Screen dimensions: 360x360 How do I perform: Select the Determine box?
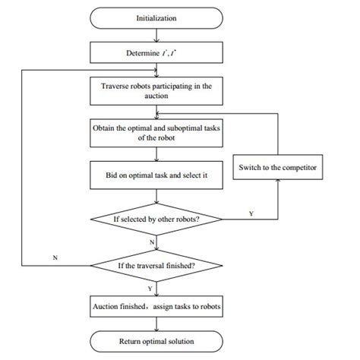point(157,53)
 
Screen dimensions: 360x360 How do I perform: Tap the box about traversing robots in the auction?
point(157,92)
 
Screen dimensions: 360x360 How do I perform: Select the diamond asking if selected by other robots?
point(157,219)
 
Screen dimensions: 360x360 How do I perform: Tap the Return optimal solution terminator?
point(157,341)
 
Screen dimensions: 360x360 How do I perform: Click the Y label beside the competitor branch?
point(251,213)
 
